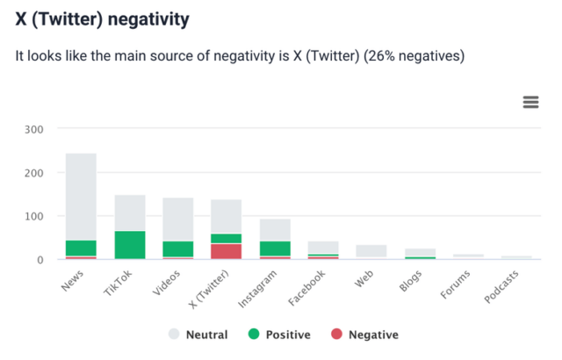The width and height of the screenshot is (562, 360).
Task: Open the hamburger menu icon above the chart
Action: tap(530, 102)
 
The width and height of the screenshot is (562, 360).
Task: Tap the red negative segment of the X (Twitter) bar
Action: tap(226, 251)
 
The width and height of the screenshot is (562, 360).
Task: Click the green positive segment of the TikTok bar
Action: tap(130, 245)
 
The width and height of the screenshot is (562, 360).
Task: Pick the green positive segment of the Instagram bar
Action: tap(275, 248)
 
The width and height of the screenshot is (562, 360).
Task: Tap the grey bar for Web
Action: tap(371, 251)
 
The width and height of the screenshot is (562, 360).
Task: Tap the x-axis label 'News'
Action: tap(74, 282)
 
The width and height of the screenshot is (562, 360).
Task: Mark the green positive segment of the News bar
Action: tap(81, 248)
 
